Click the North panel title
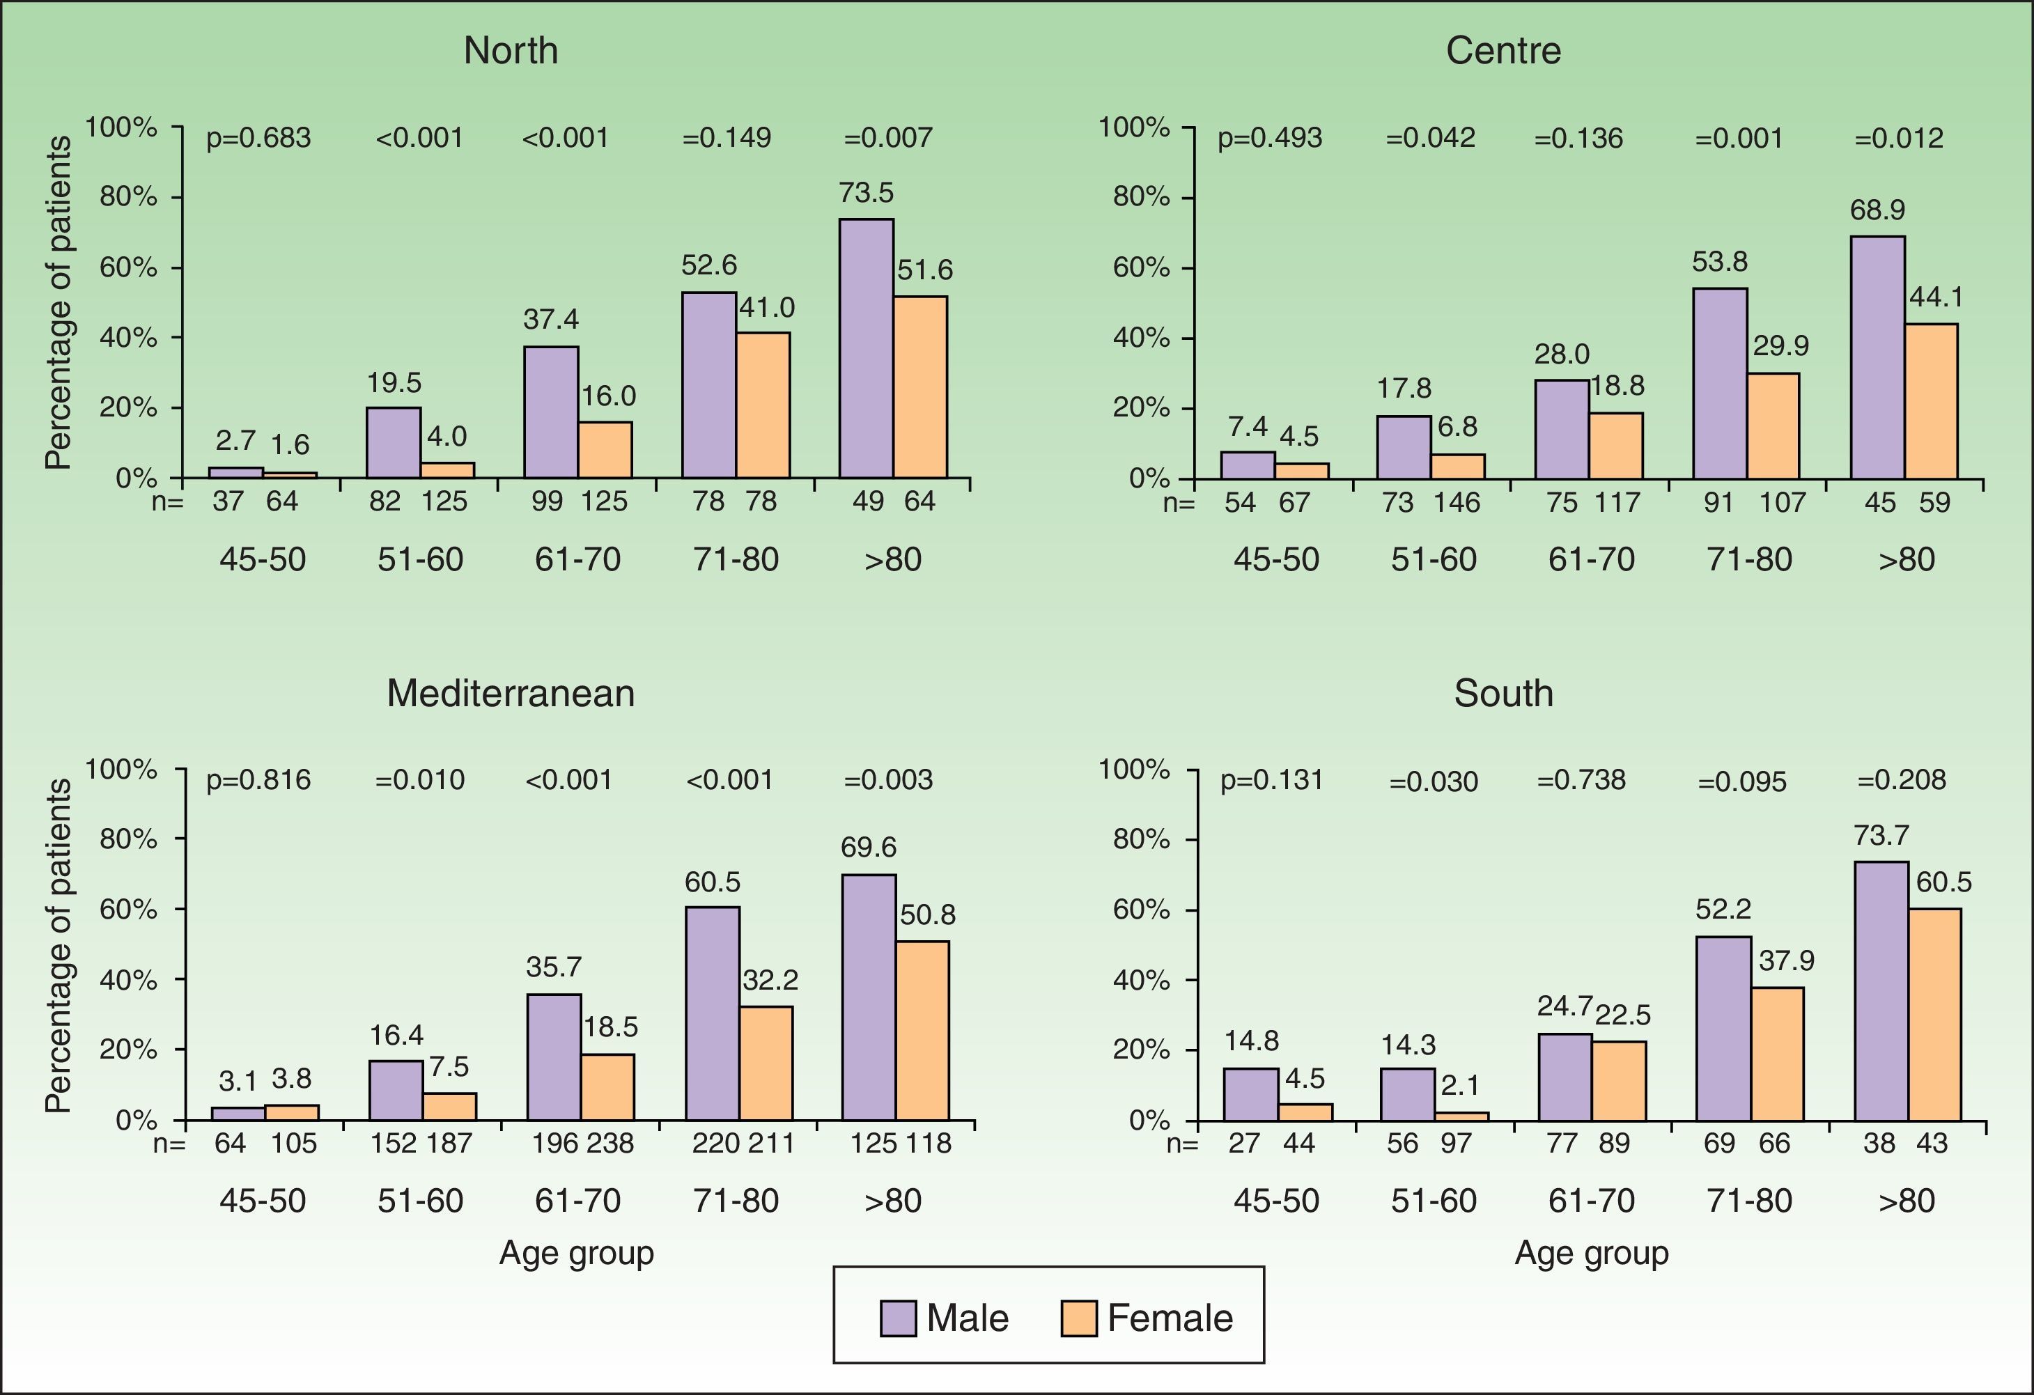[x=511, y=51]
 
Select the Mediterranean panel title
[x=511, y=693]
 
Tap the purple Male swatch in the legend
[x=898, y=1318]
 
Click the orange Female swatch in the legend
[x=1078, y=1318]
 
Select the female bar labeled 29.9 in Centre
[x=1773, y=426]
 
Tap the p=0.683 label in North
[x=258, y=139]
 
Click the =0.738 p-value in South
[x=1581, y=780]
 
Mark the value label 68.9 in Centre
[x=1877, y=210]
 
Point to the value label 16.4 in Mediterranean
[x=396, y=1036]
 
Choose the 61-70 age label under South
[x=1591, y=1200]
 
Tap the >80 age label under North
[x=893, y=559]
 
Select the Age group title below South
[x=1591, y=1253]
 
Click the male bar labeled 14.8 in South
[x=1250, y=1094]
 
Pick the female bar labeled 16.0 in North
[x=605, y=450]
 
